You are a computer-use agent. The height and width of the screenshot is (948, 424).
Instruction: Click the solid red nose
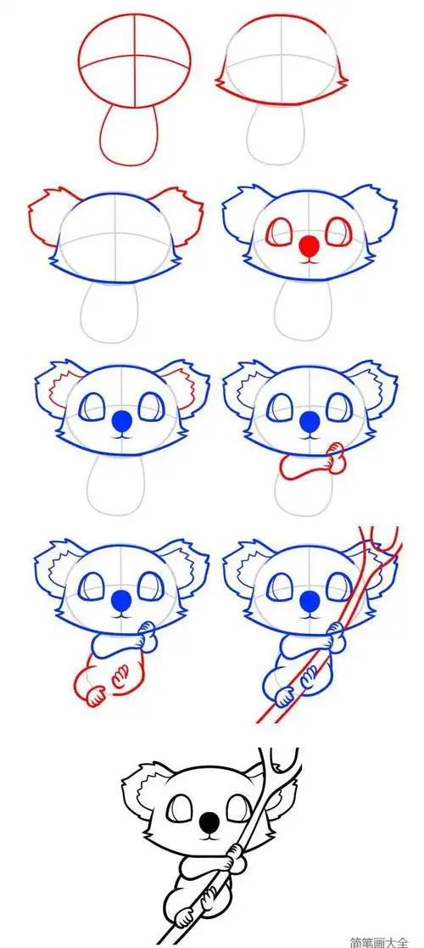pyautogui.click(x=310, y=245)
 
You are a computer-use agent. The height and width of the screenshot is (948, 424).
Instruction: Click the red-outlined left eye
pyautogui.click(x=278, y=233)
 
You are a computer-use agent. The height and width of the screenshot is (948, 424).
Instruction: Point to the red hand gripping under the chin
pyautogui.click(x=332, y=459)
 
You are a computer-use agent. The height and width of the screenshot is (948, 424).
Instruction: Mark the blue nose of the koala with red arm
pyautogui.click(x=310, y=421)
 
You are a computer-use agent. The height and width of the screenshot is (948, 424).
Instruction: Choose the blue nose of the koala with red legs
pyautogui.click(x=122, y=600)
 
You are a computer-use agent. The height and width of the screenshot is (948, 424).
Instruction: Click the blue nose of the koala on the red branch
pyautogui.click(x=310, y=600)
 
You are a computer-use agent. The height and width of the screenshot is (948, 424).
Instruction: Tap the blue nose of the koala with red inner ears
pyautogui.click(x=123, y=421)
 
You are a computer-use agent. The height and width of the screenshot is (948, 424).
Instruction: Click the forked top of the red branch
pyautogui.click(x=379, y=542)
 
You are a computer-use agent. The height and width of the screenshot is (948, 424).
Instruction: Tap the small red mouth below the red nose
pyautogui.click(x=310, y=260)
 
